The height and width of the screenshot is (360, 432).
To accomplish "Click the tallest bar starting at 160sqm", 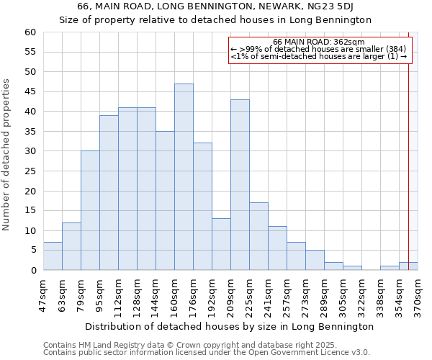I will tap(184, 177).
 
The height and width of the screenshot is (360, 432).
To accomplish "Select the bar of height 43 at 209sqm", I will tap(240, 185).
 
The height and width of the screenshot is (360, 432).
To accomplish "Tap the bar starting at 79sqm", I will tap(90, 210).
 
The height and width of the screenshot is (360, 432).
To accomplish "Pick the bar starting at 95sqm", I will tap(109, 193).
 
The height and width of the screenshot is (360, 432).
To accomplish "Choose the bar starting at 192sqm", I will tap(221, 244).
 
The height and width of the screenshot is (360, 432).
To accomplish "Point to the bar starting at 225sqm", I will tap(258, 236).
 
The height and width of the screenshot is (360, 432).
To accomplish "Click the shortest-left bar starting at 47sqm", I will tap(53, 256).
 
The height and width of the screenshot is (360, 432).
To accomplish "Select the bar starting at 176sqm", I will tap(202, 207).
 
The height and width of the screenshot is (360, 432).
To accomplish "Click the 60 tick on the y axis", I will tap(30, 32).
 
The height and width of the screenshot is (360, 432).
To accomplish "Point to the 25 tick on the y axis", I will tap(30, 171).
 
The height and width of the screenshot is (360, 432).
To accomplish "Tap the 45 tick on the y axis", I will tap(30, 91).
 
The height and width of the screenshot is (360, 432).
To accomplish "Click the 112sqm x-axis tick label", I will tap(118, 295).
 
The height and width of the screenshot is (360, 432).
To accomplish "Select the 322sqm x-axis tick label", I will tap(361, 295).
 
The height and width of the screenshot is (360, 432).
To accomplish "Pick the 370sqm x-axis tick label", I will tap(418, 295).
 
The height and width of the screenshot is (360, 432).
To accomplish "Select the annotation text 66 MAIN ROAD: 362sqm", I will tap(319, 42).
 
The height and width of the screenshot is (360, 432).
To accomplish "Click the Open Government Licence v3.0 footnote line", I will tap(207, 353).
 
